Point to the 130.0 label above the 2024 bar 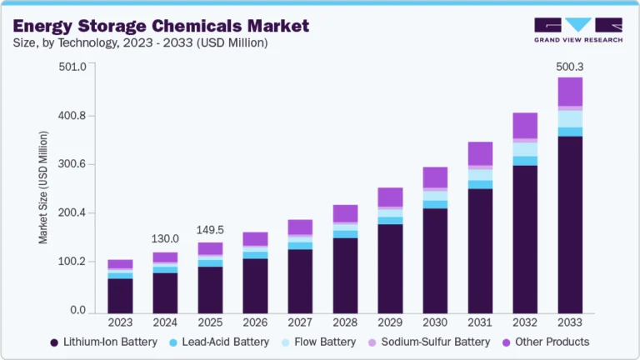[x=165, y=239]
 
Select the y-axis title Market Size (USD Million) [x=43, y=188]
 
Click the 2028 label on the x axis [x=345, y=322]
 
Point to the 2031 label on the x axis [x=480, y=322]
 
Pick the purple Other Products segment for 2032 [x=525, y=125]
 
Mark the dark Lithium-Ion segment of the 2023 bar [x=120, y=295]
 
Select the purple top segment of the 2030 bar [x=435, y=177]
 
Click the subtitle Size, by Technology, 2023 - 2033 [x=139, y=43]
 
